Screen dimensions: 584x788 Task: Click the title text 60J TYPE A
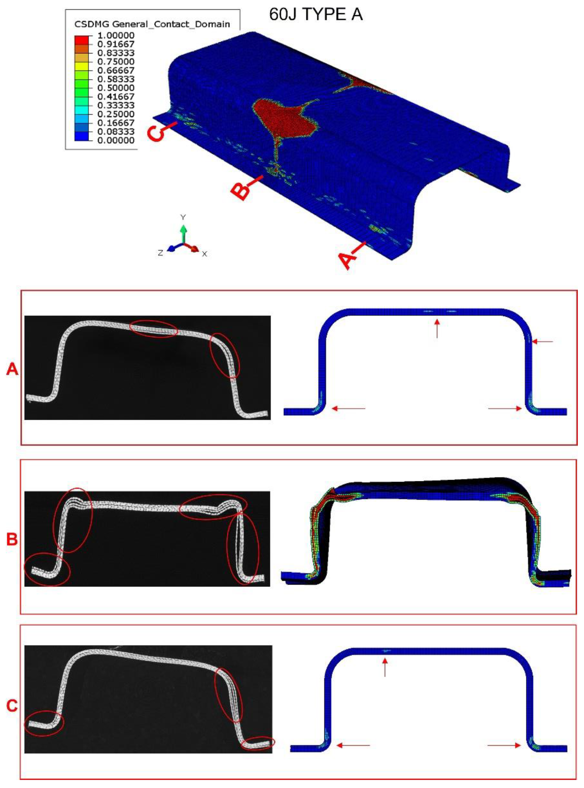pos(316,14)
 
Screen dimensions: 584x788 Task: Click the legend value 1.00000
pos(116,35)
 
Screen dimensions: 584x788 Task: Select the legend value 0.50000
pos(116,88)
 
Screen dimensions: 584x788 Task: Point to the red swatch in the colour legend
pos(82,40)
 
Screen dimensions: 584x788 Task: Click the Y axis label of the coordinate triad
pos(183,217)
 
